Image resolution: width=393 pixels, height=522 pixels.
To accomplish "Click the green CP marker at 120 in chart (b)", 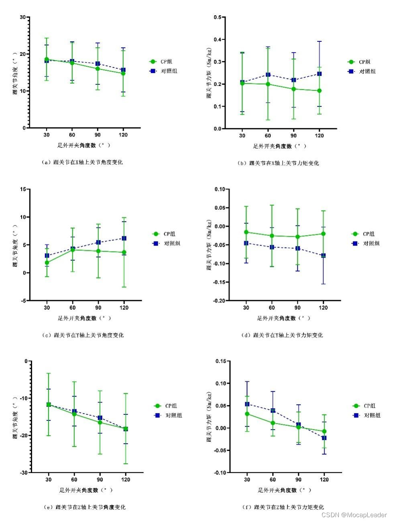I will click(x=320, y=91).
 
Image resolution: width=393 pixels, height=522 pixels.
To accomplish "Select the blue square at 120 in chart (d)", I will click(x=323, y=256).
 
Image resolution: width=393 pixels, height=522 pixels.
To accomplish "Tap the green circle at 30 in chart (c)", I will click(x=47, y=263).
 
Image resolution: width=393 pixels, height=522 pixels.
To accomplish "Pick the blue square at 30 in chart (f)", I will click(x=247, y=404).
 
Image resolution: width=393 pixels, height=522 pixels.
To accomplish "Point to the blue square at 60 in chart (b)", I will click(x=268, y=75).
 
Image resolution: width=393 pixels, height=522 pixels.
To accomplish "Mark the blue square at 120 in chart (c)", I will click(x=124, y=238).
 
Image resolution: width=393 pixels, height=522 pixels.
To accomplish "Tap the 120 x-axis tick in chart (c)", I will click(x=124, y=308).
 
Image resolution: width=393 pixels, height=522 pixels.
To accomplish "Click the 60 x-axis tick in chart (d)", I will click(x=272, y=308).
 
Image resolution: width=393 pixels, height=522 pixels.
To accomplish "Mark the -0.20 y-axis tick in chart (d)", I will click(x=219, y=301).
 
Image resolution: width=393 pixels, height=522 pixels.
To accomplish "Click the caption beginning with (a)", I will click(x=82, y=162).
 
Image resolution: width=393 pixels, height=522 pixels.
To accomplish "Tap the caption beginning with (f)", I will click(x=283, y=507).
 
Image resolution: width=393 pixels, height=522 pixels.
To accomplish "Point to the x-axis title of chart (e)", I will click(x=86, y=490).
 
